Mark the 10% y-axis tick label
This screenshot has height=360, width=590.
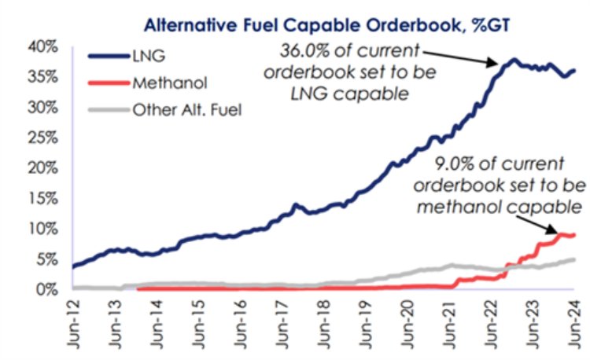click(46, 229)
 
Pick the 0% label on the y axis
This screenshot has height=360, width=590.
click(50, 289)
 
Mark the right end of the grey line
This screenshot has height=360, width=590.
click(573, 259)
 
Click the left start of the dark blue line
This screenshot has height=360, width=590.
click(73, 266)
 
